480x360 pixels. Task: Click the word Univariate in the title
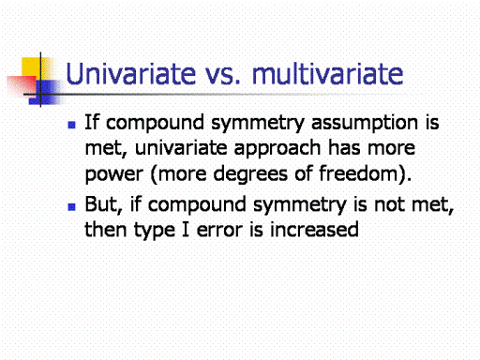click(131, 74)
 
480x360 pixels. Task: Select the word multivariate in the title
click(327, 74)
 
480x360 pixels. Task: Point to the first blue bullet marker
click(71, 125)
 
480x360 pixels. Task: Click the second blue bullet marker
click(71, 207)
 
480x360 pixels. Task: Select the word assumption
click(365, 124)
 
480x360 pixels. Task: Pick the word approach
click(277, 149)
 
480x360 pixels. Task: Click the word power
click(114, 174)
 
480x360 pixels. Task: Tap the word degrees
click(250, 174)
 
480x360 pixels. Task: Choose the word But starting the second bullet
click(103, 204)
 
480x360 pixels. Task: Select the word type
click(155, 231)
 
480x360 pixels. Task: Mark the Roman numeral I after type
click(186, 229)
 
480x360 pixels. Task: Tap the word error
click(219, 231)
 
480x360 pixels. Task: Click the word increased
click(314, 229)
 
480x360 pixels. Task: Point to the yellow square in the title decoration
click(33, 69)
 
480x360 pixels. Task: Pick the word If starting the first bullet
click(92, 122)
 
